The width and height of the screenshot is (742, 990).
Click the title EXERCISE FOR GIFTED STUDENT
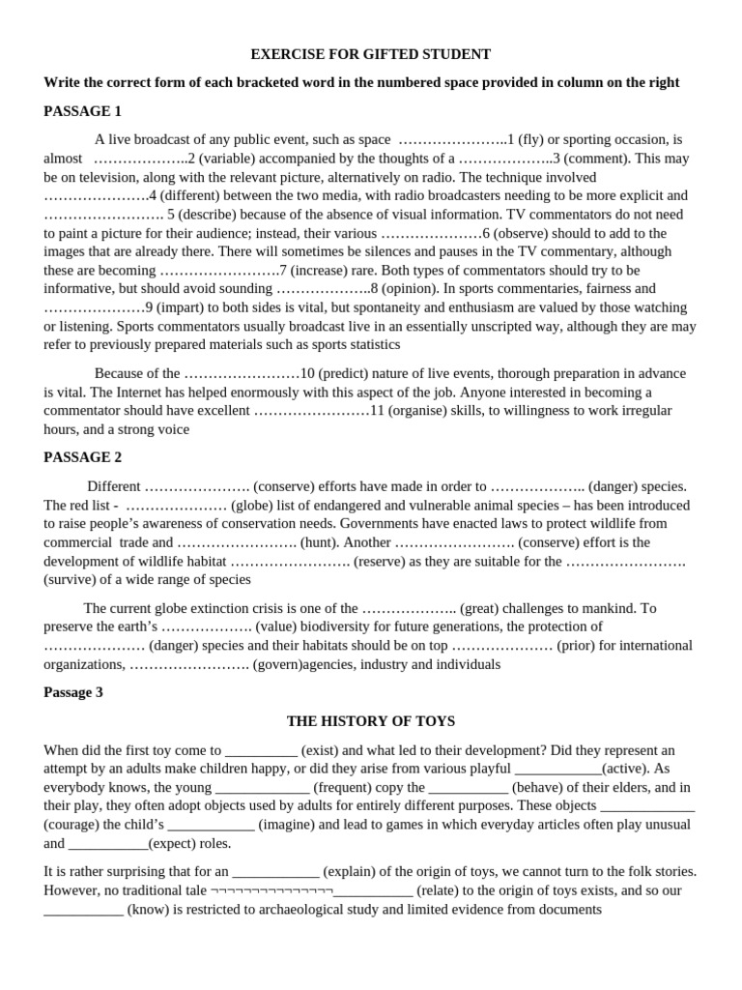[x=371, y=54]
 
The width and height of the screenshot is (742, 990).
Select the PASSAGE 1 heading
[x=83, y=111]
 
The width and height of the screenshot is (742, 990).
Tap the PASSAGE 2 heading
[x=83, y=457]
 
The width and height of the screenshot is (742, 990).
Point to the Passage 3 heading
[x=73, y=692]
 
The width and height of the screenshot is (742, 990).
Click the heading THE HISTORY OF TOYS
[x=371, y=721]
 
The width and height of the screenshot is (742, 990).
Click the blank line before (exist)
[x=261, y=750]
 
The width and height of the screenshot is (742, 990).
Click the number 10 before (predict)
[x=307, y=373]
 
